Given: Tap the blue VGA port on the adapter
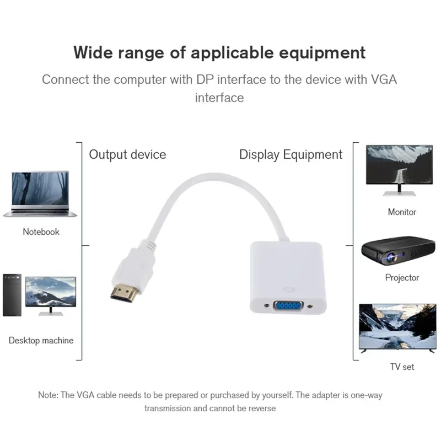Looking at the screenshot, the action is [288, 306].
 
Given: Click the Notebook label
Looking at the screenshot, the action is [41, 232].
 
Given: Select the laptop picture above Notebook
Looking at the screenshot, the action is [40, 194].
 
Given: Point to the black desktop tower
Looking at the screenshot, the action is [12, 295].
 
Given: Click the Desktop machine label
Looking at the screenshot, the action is [41, 341].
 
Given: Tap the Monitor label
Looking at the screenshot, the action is [402, 212].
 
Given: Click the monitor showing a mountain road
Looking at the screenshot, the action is [399, 170].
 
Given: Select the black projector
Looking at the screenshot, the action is [398, 251].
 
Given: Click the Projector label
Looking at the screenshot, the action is [402, 278].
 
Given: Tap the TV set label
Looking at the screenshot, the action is [402, 367].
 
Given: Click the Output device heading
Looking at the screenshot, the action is [127, 154].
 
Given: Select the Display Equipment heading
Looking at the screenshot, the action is [291, 154].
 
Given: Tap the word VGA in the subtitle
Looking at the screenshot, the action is [384, 79].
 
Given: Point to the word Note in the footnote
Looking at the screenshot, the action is [47, 395].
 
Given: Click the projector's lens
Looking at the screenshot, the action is [392, 257].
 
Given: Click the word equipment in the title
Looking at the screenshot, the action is [322, 53].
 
